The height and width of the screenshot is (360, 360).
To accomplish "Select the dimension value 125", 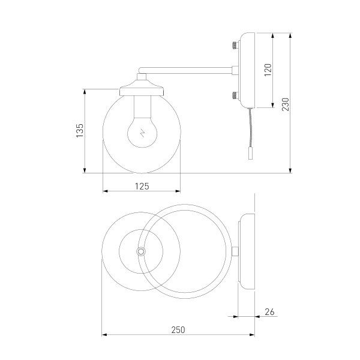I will tap(142, 186).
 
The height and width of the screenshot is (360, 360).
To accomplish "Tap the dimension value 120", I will tap(268, 70).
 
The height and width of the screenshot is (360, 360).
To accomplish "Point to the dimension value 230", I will tap(286, 103).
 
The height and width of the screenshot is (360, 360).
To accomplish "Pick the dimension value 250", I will tap(178, 329).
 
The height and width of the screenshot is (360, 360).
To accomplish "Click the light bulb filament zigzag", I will tap(142, 135).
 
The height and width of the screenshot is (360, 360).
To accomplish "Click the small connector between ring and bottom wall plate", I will tap(236, 251).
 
